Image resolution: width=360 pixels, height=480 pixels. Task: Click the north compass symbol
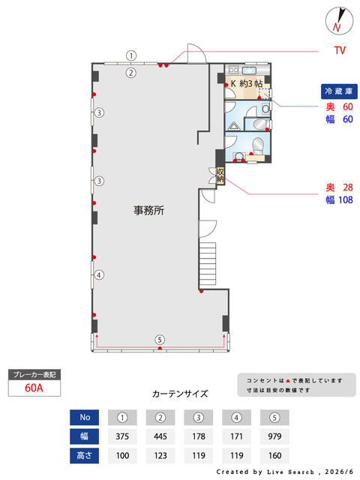click(339, 21)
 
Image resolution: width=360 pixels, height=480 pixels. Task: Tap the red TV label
click(340, 50)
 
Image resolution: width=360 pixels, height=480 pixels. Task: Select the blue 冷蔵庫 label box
click(339, 91)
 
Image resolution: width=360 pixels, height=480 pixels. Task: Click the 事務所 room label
click(148, 210)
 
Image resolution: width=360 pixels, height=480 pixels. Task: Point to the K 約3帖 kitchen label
click(247, 83)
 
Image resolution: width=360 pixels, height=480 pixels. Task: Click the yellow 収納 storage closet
click(220, 176)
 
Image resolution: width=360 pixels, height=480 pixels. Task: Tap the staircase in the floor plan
click(208, 264)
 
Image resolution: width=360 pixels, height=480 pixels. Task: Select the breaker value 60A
click(34, 388)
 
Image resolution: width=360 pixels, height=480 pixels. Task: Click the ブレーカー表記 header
click(34, 375)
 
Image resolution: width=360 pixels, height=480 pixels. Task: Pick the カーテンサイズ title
click(180, 394)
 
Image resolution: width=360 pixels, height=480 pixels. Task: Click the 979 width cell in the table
click(274, 436)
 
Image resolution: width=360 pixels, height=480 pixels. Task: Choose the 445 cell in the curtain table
click(160, 436)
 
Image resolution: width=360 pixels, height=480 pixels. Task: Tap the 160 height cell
click(274, 455)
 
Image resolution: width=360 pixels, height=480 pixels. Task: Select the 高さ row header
click(84, 455)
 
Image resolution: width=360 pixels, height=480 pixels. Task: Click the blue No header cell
click(84, 417)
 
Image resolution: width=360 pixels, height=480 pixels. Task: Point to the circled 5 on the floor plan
click(160, 340)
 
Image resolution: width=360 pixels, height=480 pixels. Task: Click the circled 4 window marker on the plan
click(99, 275)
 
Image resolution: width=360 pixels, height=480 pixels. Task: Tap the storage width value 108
click(346, 200)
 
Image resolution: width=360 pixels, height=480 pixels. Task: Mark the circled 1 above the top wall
click(131, 55)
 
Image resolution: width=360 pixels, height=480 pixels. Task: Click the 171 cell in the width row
click(236, 436)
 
